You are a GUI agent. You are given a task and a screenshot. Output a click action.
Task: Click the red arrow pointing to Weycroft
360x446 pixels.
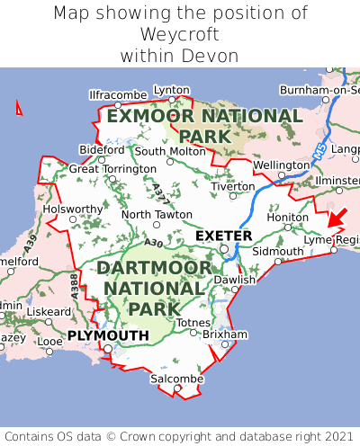[337, 217]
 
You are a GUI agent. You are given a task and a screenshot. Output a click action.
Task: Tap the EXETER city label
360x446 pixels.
[223, 236]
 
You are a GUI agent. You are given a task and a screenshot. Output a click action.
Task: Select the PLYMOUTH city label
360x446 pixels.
[107, 335]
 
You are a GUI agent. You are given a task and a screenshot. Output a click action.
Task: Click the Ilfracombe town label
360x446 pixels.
[118, 94]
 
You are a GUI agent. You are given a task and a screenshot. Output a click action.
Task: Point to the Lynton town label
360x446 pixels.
[172, 90]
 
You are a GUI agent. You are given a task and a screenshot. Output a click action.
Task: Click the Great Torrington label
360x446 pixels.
[112, 168]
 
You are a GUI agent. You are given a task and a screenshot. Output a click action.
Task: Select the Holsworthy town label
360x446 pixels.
[74, 209]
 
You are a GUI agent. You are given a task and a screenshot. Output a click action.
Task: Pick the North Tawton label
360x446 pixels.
[157, 215]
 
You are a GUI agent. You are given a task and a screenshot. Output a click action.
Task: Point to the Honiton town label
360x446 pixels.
[288, 218]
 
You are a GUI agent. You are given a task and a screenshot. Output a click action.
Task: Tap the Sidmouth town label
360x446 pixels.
[273, 252]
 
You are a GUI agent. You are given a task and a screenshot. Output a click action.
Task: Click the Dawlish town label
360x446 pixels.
[235, 280]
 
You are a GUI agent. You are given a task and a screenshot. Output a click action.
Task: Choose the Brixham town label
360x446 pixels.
[225, 334]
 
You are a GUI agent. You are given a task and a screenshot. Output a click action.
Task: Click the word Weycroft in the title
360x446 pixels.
[180, 35]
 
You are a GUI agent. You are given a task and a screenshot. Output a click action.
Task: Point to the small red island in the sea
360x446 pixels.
[19, 109]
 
